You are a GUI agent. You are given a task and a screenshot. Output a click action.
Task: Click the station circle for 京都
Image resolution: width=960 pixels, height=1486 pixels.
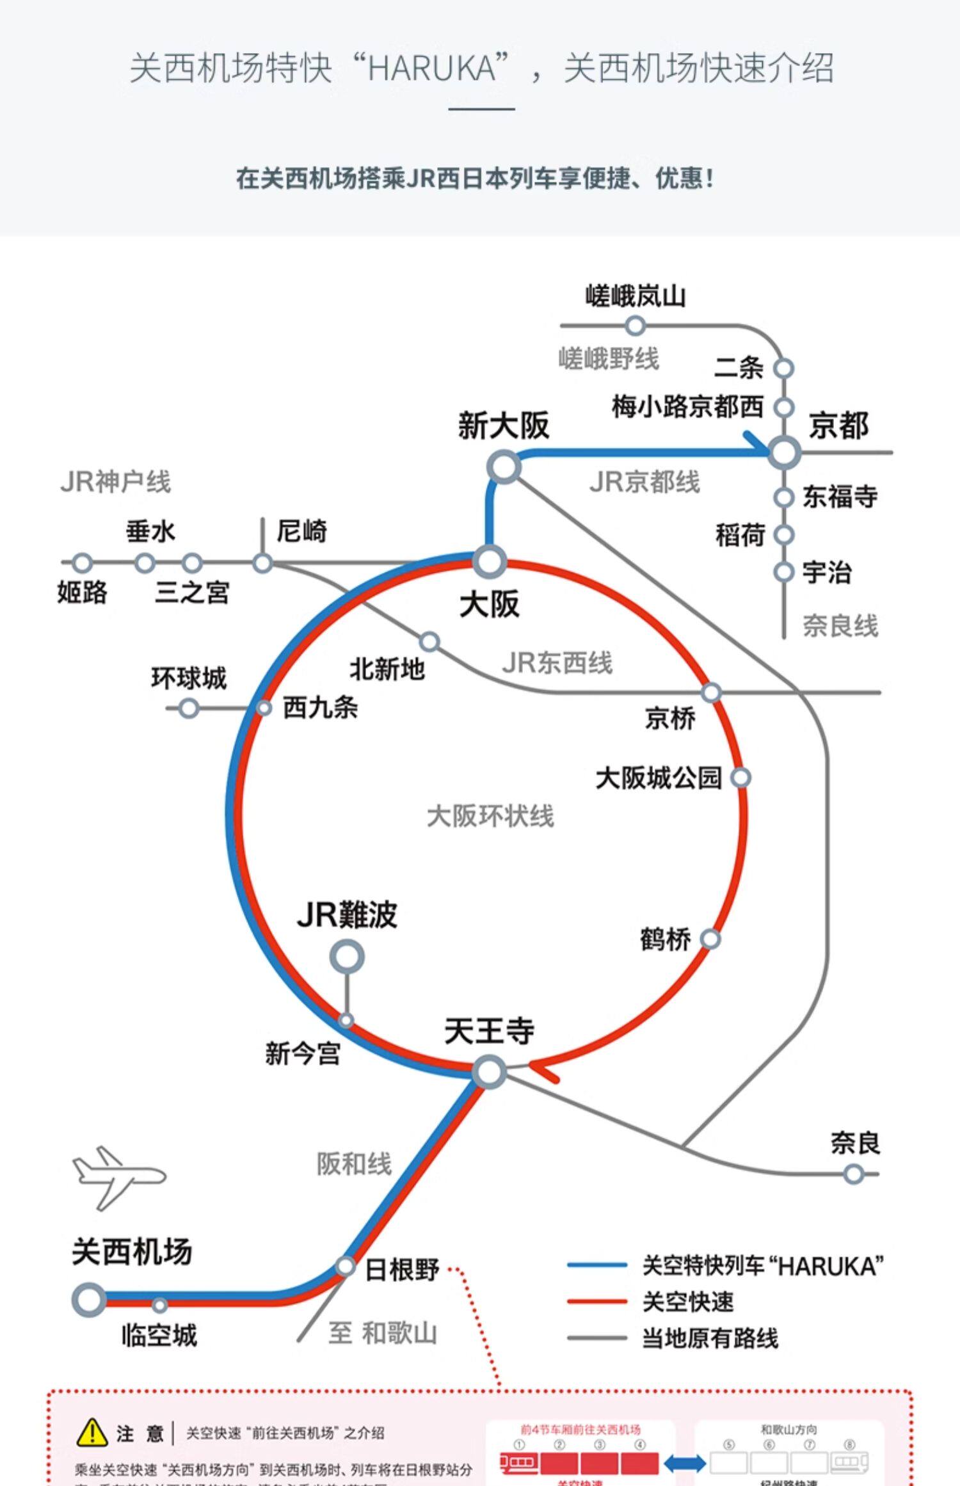pyautogui.click(x=784, y=452)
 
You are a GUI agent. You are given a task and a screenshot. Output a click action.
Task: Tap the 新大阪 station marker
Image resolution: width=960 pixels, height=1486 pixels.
pyautogui.click(x=504, y=467)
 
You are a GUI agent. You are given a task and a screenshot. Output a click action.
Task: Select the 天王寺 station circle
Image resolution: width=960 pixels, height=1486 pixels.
pyautogui.click(x=490, y=1072)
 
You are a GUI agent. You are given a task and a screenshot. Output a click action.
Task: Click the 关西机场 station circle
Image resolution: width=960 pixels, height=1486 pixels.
pyautogui.click(x=89, y=1300)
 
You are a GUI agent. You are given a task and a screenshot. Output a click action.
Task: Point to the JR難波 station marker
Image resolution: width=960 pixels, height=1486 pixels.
pyautogui.click(x=347, y=957)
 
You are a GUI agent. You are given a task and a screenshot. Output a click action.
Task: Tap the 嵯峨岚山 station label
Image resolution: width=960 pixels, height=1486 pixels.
pyautogui.click(x=636, y=296)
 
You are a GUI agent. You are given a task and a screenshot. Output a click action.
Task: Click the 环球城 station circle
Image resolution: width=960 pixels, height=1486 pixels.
pyautogui.click(x=188, y=708)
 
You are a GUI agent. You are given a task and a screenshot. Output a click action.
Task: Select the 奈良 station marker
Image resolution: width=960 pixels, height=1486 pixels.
pyautogui.click(x=854, y=1174)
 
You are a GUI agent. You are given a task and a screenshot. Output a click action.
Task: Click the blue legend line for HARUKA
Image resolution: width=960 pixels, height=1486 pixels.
pyautogui.click(x=596, y=1265)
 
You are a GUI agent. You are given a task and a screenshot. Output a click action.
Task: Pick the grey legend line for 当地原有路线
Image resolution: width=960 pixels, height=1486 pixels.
pyautogui.click(x=596, y=1338)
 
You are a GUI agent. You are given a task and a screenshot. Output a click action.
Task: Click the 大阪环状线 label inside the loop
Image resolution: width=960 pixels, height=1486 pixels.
pyautogui.click(x=490, y=817)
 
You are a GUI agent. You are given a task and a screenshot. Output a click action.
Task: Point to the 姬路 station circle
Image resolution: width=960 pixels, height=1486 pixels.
pyautogui.click(x=82, y=563)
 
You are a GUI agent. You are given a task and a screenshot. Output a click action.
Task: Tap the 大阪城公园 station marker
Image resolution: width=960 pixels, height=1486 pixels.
pyautogui.click(x=740, y=778)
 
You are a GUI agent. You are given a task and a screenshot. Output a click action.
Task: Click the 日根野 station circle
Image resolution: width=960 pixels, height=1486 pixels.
pyautogui.click(x=346, y=1266)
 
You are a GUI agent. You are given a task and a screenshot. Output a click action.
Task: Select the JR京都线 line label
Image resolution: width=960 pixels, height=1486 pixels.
pyautogui.click(x=644, y=482)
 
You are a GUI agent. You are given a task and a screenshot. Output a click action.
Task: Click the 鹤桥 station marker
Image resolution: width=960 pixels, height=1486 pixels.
pyautogui.click(x=710, y=939)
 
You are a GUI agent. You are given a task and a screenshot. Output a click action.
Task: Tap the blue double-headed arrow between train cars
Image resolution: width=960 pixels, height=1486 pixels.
pyautogui.click(x=685, y=1463)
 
